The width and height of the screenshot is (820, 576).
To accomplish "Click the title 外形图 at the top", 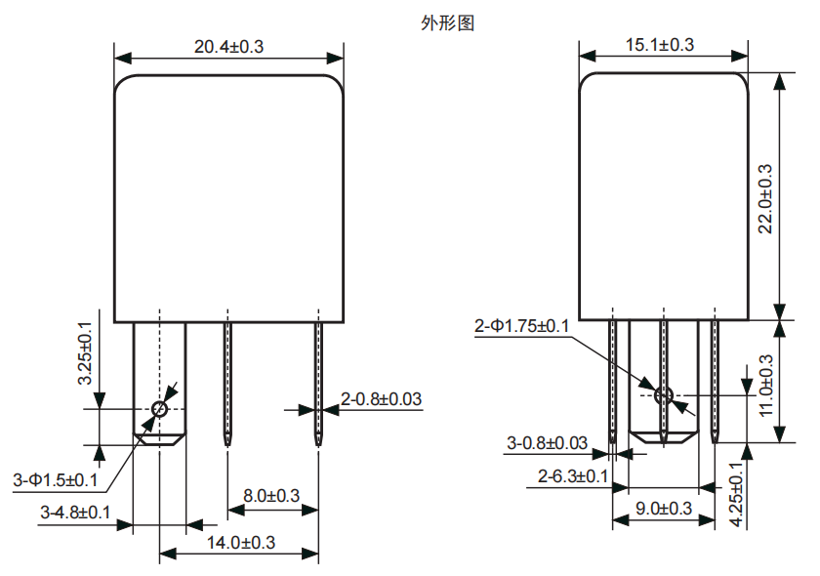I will tap(448, 23).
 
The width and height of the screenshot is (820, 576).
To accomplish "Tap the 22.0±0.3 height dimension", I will tap(764, 197).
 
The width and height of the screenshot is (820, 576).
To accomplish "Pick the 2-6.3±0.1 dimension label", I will tap(574, 476).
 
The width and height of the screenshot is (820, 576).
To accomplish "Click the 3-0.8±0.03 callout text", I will tap(547, 443).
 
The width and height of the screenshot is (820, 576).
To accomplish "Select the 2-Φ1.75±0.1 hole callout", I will tap(521, 326).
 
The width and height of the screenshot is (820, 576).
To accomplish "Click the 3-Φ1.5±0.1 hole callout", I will tap(56, 480).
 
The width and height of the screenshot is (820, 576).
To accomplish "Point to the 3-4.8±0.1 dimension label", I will tap(75, 512).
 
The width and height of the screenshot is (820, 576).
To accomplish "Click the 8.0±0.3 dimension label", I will tap(271, 495).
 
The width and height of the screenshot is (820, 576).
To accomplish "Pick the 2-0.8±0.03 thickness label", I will tap(381, 398).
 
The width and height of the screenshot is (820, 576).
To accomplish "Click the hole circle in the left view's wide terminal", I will tap(160, 409).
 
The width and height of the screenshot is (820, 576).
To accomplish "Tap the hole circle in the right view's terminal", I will tap(664, 395).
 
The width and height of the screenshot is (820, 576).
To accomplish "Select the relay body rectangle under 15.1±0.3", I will tap(664, 195).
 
